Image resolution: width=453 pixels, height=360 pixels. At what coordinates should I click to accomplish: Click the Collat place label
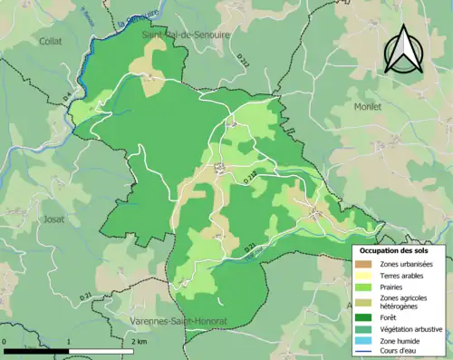(x=50, y=41)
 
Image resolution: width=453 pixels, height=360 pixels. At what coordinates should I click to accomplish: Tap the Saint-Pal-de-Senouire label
(x=187, y=34)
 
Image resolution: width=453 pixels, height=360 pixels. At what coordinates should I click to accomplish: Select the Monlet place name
(x=366, y=106)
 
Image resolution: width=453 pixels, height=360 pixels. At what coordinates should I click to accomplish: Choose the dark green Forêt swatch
(x=364, y=316)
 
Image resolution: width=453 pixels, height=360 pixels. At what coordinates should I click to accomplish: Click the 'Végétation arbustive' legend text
(x=412, y=328)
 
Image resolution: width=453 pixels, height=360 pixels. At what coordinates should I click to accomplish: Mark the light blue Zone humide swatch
(x=364, y=340)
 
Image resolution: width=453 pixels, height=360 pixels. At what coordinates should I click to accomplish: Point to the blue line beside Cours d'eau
(x=364, y=352)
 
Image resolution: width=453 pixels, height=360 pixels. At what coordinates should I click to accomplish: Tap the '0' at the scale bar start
(x=5, y=341)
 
